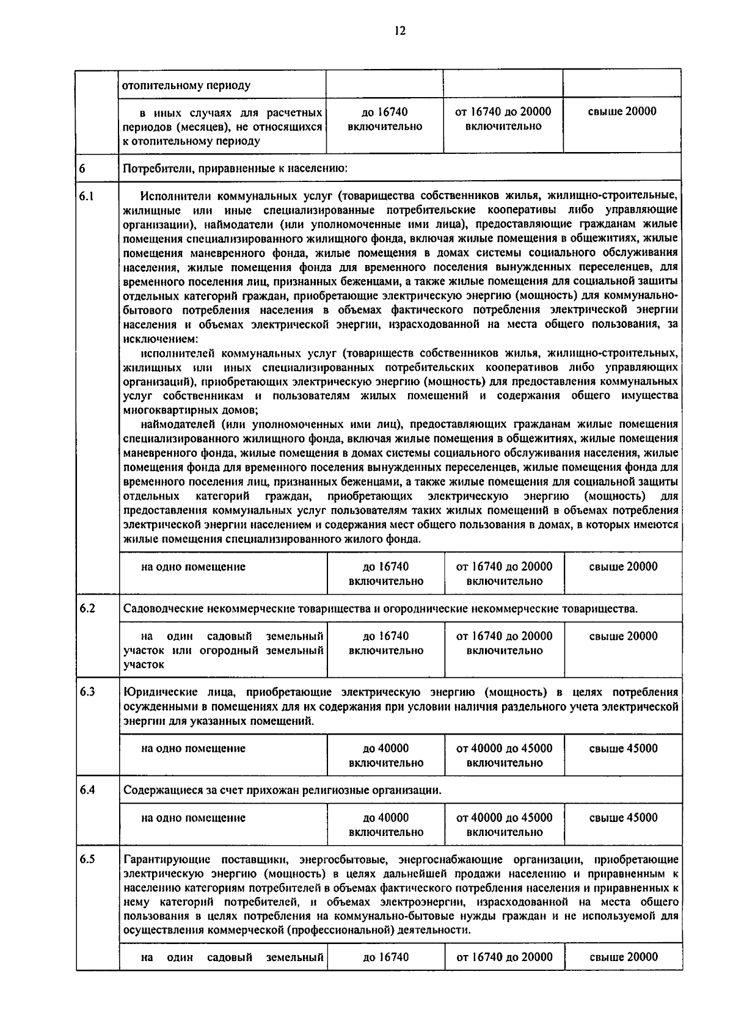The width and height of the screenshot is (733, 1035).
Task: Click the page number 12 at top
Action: pyautogui.click(x=400, y=31)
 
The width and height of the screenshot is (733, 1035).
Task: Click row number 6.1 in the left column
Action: pyautogui.click(x=87, y=197)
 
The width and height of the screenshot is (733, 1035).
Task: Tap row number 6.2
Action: pyautogui.click(x=87, y=608)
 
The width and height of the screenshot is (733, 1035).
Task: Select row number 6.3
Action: pyautogui.click(x=87, y=692)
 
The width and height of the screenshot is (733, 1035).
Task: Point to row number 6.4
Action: pyautogui.click(x=87, y=790)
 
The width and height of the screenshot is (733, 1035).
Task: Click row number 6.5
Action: pyautogui.click(x=87, y=859)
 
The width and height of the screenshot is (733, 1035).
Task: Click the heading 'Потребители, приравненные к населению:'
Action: pyautogui.click(x=235, y=168)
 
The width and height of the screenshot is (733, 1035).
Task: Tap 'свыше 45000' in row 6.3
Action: pyautogui.click(x=623, y=748)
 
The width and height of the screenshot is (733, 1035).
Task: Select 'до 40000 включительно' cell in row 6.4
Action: pyautogui.click(x=385, y=824)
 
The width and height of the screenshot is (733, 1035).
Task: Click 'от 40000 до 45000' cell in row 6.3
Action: pyautogui.click(x=504, y=748)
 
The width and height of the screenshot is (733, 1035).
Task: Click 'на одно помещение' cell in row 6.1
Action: pyautogui.click(x=193, y=567)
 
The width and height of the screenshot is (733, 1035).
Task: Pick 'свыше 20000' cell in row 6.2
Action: pyautogui.click(x=623, y=636)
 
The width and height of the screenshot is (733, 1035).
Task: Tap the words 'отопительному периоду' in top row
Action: pyautogui.click(x=186, y=85)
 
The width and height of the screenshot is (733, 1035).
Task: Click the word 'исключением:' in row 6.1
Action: pyautogui.click(x=160, y=339)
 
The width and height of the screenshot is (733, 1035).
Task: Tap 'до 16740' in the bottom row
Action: pyautogui.click(x=385, y=957)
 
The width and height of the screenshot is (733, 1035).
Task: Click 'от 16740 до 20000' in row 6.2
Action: pyautogui.click(x=504, y=636)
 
